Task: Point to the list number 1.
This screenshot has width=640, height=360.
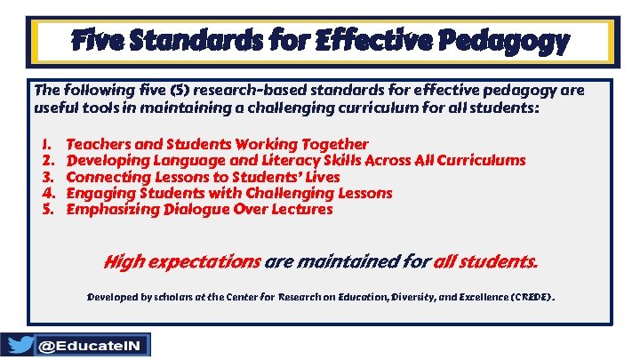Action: tap(47, 144)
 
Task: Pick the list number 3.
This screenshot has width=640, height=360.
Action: tap(47, 177)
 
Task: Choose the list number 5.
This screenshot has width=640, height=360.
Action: tap(47, 210)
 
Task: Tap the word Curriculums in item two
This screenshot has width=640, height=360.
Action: tap(481, 161)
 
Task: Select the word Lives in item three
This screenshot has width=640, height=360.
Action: tap(321, 177)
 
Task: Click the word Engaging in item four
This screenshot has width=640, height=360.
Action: tap(97, 193)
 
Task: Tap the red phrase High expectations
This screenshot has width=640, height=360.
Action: tap(181, 262)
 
